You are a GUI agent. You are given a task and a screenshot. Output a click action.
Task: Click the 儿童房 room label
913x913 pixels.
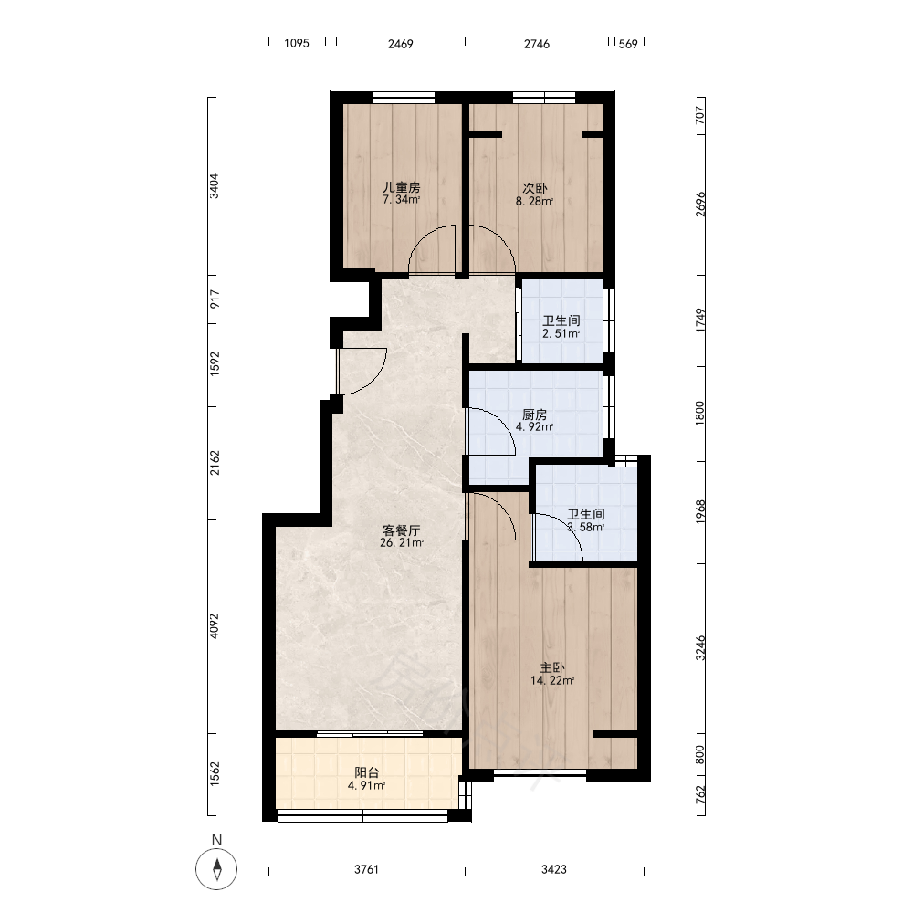[401, 187]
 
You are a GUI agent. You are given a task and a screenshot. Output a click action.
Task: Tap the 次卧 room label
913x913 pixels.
[534, 189]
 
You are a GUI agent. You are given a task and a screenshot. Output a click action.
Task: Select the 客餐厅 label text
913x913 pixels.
[401, 530]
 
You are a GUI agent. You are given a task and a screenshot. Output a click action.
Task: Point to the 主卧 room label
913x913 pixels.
[552, 667]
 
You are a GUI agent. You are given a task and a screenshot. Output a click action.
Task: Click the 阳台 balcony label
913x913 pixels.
[367, 772]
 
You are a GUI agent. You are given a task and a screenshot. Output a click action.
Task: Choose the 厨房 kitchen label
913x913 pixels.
[534, 415]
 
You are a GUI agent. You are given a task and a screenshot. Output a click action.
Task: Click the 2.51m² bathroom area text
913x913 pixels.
[561, 333]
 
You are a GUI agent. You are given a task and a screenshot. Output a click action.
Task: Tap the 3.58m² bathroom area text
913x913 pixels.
[586, 527]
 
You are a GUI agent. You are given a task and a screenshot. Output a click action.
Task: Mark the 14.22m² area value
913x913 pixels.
[552, 680]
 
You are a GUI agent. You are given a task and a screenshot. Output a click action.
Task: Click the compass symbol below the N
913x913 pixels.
[216, 869]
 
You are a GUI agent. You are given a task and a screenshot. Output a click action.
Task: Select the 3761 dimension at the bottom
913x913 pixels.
[367, 869]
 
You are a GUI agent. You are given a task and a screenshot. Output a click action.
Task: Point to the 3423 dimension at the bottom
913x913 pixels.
[554, 869]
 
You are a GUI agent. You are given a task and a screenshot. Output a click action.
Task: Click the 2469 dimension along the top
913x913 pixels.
[401, 44]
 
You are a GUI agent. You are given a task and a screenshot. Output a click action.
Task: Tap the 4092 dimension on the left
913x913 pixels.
[215, 626]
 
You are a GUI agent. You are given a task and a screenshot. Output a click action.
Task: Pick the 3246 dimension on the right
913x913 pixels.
[700, 648]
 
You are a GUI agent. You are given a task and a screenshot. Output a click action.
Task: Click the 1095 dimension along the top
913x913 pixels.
[297, 44]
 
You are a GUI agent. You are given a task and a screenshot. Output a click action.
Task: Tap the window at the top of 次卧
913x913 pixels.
[544, 98]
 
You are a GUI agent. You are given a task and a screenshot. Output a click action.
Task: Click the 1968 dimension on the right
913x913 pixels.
[700, 511]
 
